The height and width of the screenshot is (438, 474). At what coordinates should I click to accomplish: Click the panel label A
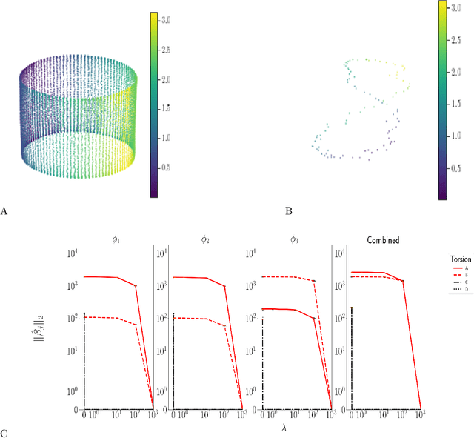point(4,212)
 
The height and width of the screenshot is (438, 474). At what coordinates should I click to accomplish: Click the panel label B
point(288,212)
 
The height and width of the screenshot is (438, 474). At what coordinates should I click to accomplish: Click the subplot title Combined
point(384,241)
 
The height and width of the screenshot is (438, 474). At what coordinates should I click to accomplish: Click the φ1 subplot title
point(118,241)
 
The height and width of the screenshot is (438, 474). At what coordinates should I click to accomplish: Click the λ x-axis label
point(252,429)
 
